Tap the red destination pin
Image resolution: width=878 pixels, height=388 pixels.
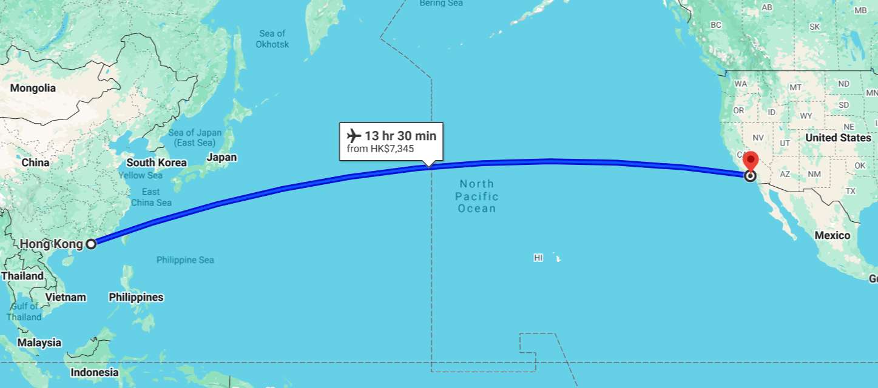tap(751, 161)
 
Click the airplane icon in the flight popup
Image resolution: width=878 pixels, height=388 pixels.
tap(354, 135)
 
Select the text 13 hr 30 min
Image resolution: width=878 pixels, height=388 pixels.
tap(400, 136)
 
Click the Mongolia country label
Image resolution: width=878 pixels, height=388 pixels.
tap(33, 89)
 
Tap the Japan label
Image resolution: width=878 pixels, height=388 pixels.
tap(221, 158)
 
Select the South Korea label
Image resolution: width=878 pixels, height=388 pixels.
tap(157, 162)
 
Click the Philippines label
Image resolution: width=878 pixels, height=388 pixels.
tap(136, 297)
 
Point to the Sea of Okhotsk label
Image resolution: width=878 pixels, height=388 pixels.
tap(272, 39)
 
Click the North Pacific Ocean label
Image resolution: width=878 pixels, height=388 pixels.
tap(478, 196)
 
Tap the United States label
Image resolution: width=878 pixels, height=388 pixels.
tap(838, 138)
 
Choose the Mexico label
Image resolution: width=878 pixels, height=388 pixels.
tap(832, 235)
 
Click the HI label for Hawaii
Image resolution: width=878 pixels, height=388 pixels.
tap(538, 258)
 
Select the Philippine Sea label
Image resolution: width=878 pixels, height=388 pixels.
tap(185, 260)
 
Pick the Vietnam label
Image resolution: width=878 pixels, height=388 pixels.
tap(66, 297)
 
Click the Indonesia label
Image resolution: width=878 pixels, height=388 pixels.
tap(95, 372)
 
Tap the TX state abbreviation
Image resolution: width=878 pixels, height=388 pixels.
tap(850, 191)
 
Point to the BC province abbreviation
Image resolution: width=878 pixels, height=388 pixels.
tap(716, 25)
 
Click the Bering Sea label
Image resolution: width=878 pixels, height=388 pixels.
tap(441, 4)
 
